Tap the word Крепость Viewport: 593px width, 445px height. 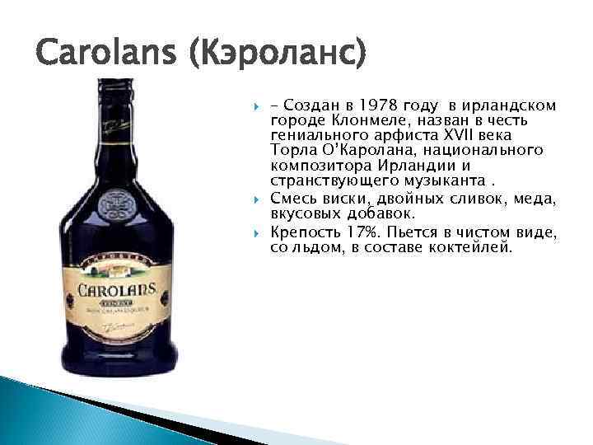click(306, 233)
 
